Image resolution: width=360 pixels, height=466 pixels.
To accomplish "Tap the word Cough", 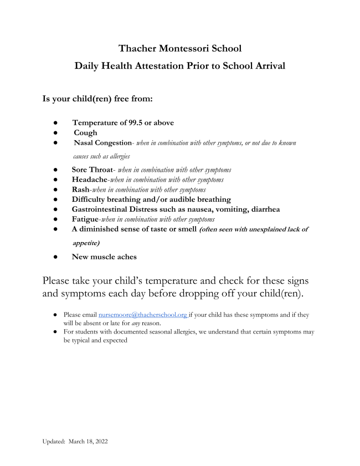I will (85, 132).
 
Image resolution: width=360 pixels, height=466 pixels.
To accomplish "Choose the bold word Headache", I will (91, 180).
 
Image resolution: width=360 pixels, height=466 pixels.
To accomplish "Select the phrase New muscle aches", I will (104, 257).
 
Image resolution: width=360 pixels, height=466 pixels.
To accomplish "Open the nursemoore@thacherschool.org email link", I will (143, 314).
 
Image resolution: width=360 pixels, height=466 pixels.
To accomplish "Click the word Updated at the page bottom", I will (53, 441).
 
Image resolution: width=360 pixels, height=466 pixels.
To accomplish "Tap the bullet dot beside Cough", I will (56, 133).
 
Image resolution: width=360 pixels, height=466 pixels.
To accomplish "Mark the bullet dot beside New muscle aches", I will (56, 257).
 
